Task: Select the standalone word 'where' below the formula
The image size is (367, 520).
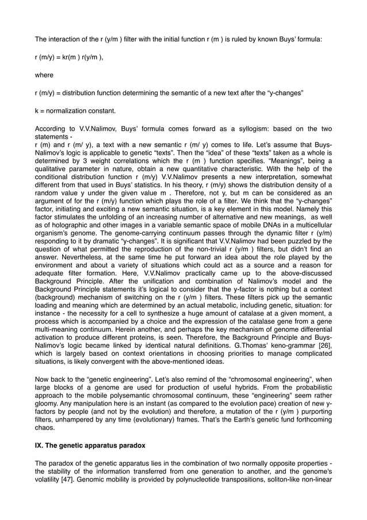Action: (44, 75)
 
